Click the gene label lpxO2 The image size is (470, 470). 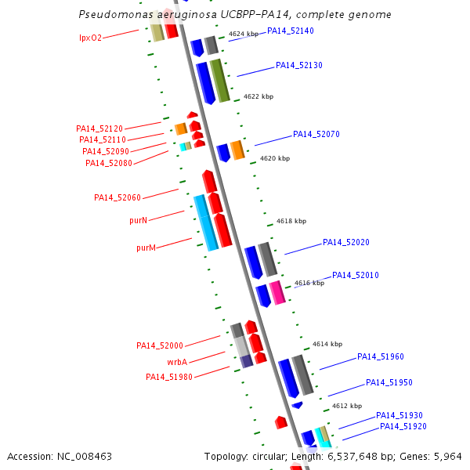pyautogui.click(x=90, y=38)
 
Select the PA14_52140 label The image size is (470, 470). pyautogui.click(x=290, y=31)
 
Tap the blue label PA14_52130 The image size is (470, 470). pyautogui.click(x=298, y=66)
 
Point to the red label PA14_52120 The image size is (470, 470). pyautogui.click(x=99, y=128)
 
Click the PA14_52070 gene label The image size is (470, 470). pyautogui.click(x=316, y=135)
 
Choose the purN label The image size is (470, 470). pyautogui.click(x=138, y=221)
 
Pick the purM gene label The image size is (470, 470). pyautogui.click(x=146, y=248)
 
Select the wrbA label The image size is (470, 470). pyautogui.click(x=176, y=363)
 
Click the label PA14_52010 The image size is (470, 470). pyautogui.click(x=355, y=276)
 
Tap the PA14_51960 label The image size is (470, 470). pyautogui.click(x=380, y=357)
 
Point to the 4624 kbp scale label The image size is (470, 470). pyautogui.click(x=244, y=34)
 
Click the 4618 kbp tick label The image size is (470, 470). pyautogui.click(x=291, y=222)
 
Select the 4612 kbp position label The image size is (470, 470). pyautogui.click(x=346, y=407)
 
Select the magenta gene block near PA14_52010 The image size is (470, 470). pyautogui.click(x=277, y=292)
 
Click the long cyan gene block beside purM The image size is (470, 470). pyautogui.click(x=206, y=223)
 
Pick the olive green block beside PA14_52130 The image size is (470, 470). pyautogui.click(x=220, y=81)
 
